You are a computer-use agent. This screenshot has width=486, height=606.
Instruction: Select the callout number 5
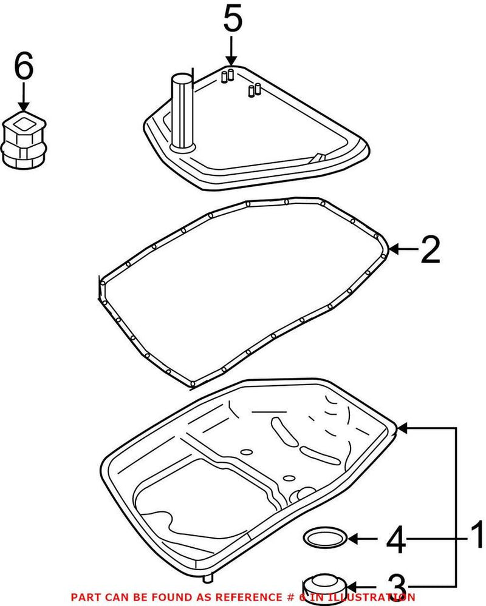tap(232, 19)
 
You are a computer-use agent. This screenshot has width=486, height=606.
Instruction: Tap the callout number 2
tap(430, 250)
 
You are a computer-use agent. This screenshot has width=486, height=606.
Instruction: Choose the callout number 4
tap(395, 539)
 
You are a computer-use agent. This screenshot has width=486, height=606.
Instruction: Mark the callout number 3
tap(395, 585)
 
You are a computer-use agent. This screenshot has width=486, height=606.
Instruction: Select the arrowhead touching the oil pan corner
tap(403, 428)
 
